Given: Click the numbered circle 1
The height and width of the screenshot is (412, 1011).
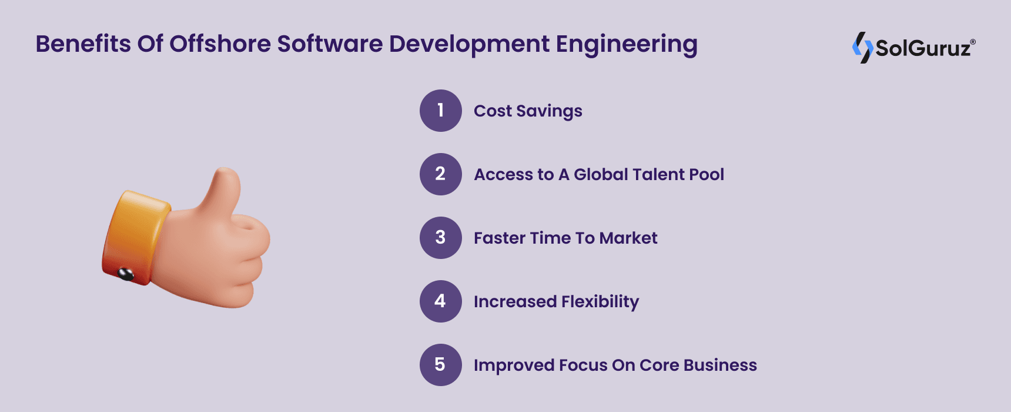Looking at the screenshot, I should click(x=441, y=111).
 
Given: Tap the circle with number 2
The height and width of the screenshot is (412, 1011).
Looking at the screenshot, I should click(x=441, y=174).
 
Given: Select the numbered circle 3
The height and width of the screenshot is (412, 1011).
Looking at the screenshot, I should click(x=441, y=238).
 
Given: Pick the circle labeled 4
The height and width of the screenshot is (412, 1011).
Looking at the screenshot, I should click(x=441, y=301).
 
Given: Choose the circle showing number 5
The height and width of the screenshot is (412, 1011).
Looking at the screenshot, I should click(x=441, y=365).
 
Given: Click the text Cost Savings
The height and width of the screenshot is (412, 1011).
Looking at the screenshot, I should click(x=528, y=111).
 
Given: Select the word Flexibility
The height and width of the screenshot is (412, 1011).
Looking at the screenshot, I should click(x=600, y=301).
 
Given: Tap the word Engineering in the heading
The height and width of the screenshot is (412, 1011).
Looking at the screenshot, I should click(x=627, y=45).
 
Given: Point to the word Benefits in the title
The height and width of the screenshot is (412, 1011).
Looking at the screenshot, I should click(x=83, y=44).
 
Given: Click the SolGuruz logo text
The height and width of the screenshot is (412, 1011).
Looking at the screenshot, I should click(x=923, y=48).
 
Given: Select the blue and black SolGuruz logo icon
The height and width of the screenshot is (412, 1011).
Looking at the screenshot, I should click(x=862, y=48).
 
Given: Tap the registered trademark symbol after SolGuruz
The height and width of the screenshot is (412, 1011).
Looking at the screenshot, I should click(x=973, y=42).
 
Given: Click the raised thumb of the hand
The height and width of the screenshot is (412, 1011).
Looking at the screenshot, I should click(x=224, y=188).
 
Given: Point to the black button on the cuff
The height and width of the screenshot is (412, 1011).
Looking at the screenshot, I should click(x=126, y=273).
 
